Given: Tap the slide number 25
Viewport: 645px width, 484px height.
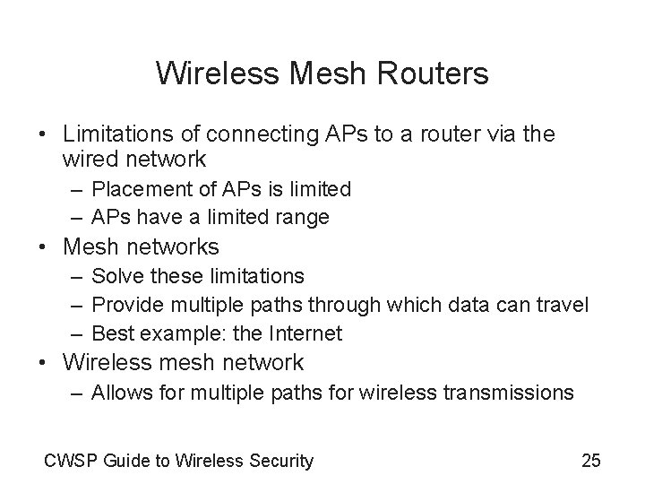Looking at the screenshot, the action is (x=591, y=462).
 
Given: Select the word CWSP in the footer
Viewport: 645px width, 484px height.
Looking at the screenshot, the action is (x=69, y=462).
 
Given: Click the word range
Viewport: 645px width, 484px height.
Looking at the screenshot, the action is (x=305, y=217).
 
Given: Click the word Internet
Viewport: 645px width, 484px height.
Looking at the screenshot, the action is (x=304, y=333).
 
